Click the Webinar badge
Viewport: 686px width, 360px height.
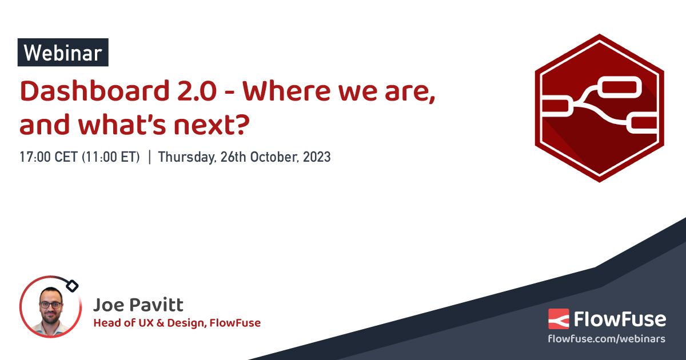[x=63, y=53]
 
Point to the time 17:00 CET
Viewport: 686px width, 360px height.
[x=48, y=157]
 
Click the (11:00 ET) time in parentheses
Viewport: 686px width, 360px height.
[x=111, y=157]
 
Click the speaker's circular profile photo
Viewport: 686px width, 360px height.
[x=51, y=307]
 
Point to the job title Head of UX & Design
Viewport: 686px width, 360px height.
[x=150, y=323]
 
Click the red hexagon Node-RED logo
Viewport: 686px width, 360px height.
[x=599, y=108]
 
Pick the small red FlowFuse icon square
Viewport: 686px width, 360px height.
[x=559, y=319]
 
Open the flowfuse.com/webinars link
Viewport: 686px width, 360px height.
[x=607, y=339]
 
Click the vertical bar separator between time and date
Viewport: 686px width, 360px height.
[x=149, y=157]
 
